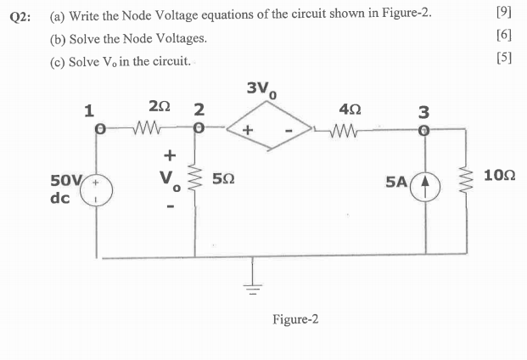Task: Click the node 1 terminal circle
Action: (99, 131)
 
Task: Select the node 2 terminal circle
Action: (197, 131)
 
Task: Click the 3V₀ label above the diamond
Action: (262, 89)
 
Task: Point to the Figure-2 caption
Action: (295, 319)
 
